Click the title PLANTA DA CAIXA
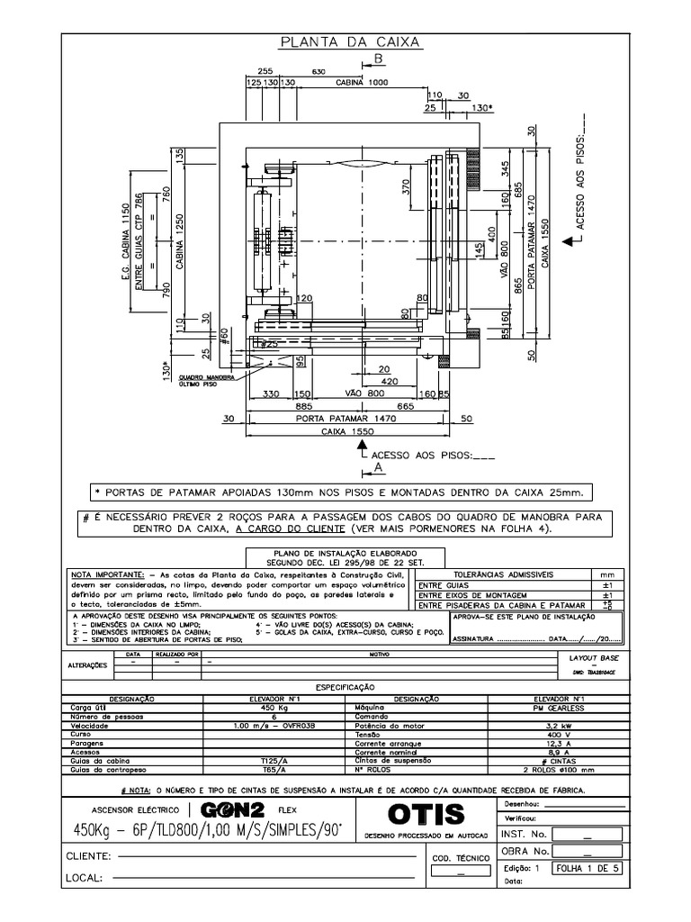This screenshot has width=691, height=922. coord(352,42)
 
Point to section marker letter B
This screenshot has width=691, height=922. coord(379,59)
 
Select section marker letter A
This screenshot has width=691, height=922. coord(379,468)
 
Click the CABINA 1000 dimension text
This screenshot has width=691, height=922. coord(364,82)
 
